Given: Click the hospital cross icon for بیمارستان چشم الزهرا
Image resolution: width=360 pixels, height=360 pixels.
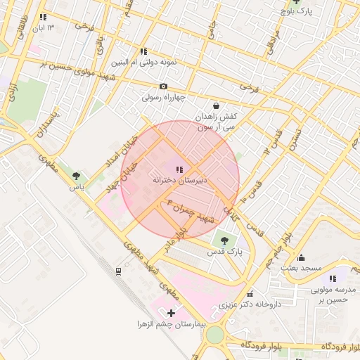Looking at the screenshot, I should pyautogui.click(x=171, y=311).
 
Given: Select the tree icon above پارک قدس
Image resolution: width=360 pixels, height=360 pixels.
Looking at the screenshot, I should pyautogui.click(x=224, y=240).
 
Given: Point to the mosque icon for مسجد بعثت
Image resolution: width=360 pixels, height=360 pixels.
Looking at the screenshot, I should pyautogui.click(x=302, y=257).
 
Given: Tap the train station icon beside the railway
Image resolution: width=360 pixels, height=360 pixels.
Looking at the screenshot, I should pyautogui.click(x=118, y=271).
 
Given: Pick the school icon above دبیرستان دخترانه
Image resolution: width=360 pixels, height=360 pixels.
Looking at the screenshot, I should pyautogui.click(x=179, y=169).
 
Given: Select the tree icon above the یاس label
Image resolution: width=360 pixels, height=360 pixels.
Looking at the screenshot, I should pyautogui.click(x=76, y=176).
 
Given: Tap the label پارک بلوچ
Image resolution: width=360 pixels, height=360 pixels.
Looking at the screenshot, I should pyautogui.click(x=295, y=11).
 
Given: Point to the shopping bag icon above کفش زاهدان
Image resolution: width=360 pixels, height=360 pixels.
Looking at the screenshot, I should pyautogui.click(x=205, y=105).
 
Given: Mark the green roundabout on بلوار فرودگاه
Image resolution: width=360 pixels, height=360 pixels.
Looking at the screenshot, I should pyautogui.click(x=214, y=335).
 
